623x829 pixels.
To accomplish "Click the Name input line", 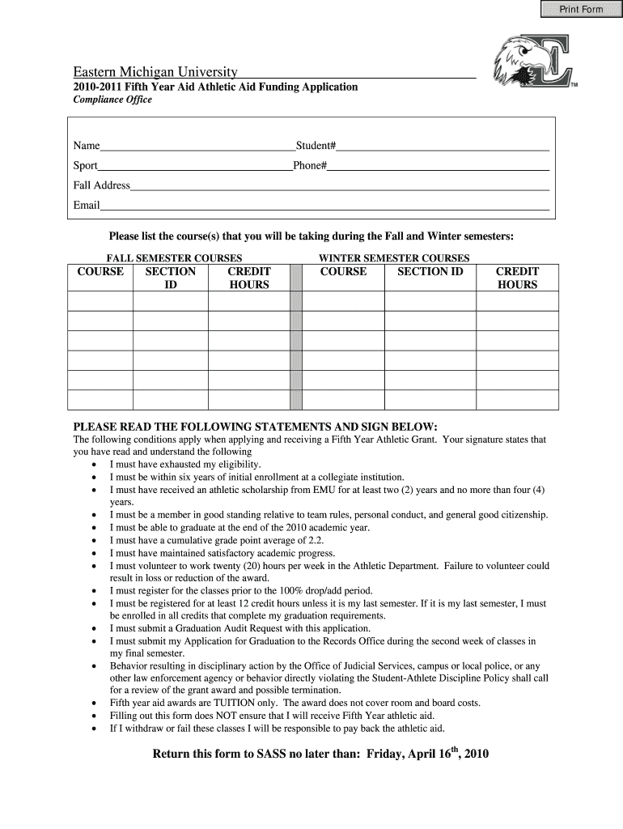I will [197, 146].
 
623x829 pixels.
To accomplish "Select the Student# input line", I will [443, 146].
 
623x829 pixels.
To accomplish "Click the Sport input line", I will [195, 166].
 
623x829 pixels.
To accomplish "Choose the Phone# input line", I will [439, 166].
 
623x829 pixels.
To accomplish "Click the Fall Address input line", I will [340, 185].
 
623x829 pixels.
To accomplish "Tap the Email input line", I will [324, 206].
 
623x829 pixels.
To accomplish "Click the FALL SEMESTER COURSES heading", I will [169, 258].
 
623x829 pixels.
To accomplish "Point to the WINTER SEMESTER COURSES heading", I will [394, 258].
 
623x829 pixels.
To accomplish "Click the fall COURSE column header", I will [100, 272].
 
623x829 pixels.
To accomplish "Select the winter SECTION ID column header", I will [430, 272].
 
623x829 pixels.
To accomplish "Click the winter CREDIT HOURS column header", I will [517, 278].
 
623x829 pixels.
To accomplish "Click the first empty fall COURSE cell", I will [100, 301].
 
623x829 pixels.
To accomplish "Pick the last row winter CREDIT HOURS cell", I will [517, 400].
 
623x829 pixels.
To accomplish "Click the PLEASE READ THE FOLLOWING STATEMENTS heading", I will [256, 427].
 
